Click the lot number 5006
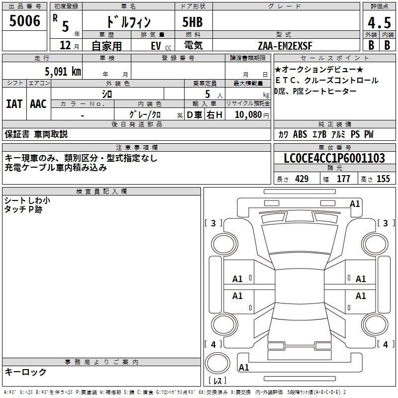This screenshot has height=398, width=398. pos(24,21)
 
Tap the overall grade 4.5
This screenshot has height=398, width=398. pos(379,22)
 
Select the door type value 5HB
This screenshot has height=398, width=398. pos(193,22)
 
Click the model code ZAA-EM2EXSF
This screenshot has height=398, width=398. pos(285,46)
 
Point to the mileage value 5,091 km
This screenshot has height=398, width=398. pos(63,72)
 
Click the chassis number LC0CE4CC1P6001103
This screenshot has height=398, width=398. pos(334,158)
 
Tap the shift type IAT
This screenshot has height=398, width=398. pos(14,104)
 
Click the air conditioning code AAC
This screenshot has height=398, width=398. pos(38,104)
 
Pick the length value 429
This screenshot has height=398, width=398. pos(301,179)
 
